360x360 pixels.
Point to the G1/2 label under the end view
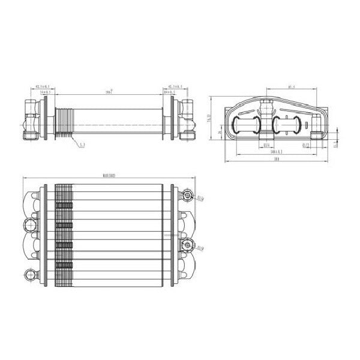click(x=305, y=145)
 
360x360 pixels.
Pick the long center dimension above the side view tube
click(x=109, y=92)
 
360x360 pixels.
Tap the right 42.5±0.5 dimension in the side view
click(x=175, y=87)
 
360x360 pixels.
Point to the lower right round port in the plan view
click(x=189, y=245)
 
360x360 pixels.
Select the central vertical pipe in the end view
click(x=264, y=123)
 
